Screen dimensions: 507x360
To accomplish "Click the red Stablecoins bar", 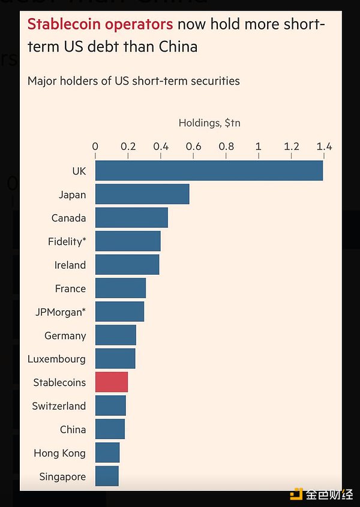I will point(112,382).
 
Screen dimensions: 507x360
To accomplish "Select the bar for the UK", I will point(209,171).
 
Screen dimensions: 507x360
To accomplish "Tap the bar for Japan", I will point(142,194).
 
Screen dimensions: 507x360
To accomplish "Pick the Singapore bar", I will point(107,476).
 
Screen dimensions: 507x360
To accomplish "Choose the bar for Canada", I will point(131,218).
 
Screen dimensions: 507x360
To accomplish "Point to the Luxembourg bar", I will point(115,359).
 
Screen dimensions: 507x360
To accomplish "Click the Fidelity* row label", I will point(67,242).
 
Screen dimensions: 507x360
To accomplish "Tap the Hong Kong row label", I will point(60,453).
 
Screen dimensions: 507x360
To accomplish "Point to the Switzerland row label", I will point(59,406).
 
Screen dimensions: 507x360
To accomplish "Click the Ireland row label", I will point(70,265).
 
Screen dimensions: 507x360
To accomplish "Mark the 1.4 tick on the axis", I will point(324,146).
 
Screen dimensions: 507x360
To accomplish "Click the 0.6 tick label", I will point(193,146).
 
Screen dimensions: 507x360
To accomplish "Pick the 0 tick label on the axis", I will point(95,146).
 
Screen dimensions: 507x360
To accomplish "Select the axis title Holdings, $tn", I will point(209,123).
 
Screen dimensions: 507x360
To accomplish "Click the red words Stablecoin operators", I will point(100,25).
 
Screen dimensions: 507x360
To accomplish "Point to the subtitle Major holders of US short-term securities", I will point(134,80).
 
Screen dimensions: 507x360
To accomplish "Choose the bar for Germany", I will point(115,335).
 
